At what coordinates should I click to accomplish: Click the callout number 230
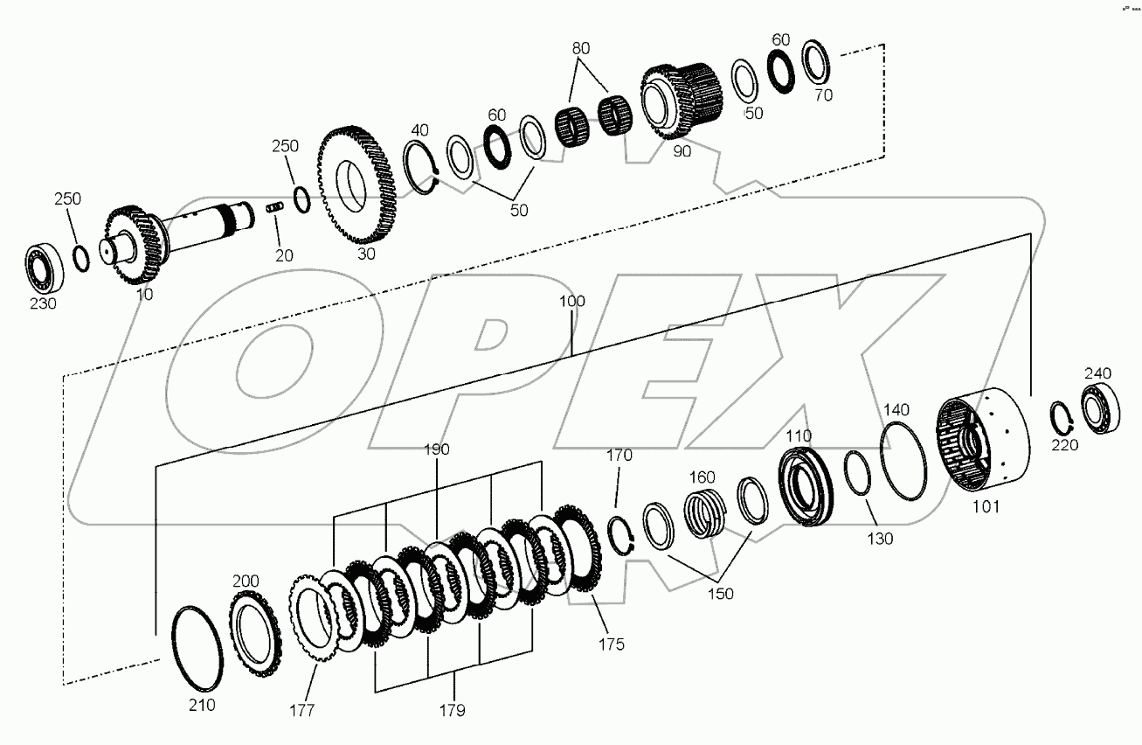point(43,303)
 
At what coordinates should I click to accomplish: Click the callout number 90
point(682,150)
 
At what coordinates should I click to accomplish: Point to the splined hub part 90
point(682,101)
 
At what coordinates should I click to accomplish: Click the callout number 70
point(823,94)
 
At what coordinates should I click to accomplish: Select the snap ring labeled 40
point(423,167)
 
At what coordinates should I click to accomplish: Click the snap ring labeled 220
point(1061,417)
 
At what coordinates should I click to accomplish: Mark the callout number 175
point(611,644)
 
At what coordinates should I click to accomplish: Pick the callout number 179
point(453,710)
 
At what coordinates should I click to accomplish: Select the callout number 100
point(572,301)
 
